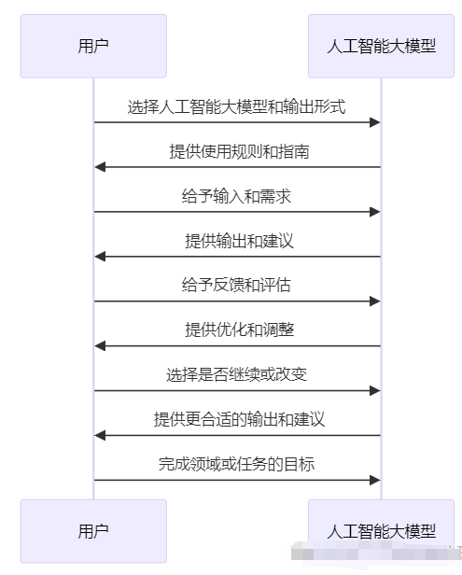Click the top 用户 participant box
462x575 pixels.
93,45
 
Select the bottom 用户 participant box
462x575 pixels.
93,530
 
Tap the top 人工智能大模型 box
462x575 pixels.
381,45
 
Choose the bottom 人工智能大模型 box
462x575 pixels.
381,530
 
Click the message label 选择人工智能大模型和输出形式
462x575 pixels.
237,106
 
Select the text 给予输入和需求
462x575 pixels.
237,196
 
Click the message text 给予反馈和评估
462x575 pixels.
237,286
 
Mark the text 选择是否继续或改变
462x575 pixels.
237,375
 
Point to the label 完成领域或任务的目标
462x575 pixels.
237,465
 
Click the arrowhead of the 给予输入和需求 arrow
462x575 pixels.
375,212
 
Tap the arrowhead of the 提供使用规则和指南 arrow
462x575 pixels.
100,167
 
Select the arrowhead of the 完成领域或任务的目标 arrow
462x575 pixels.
375,481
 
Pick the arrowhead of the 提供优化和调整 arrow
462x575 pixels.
100,346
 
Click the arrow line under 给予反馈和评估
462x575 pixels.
237,302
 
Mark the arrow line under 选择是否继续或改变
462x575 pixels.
237,391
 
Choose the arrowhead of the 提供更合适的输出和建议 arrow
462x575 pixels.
100,436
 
